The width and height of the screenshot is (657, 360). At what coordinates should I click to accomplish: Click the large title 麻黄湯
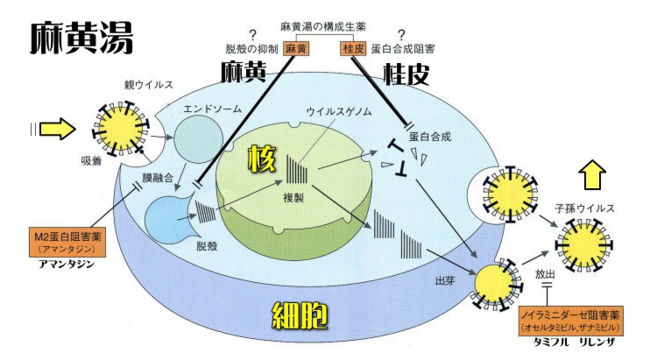tap(81, 36)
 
